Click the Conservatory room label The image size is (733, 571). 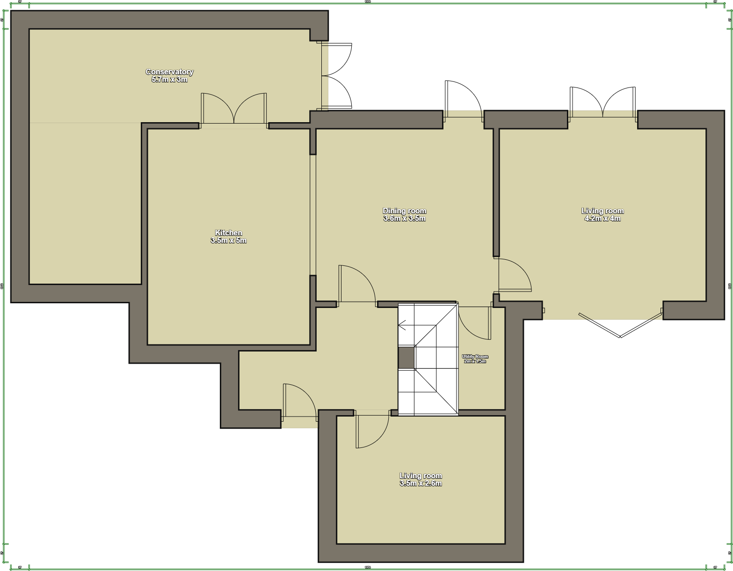click(x=169, y=72)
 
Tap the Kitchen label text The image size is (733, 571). click(x=228, y=233)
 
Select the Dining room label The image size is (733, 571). click(x=404, y=211)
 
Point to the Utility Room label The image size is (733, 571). click(x=475, y=357)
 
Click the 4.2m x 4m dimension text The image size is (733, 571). click(x=602, y=219)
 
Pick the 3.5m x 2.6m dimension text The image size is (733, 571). click(x=421, y=483)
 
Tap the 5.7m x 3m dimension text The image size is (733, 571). click(x=169, y=80)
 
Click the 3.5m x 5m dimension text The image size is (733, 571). click(x=228, y=241)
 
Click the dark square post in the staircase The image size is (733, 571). click(x=406, y=357)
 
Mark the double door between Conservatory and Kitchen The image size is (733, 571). click(x=234, y=110)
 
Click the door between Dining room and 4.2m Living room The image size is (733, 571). click(x=514, y=275)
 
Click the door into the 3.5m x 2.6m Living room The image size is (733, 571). click(x=372, y=430)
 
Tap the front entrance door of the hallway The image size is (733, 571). click(x=299, y=401)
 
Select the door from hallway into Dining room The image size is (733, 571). click(x=356, y=284)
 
